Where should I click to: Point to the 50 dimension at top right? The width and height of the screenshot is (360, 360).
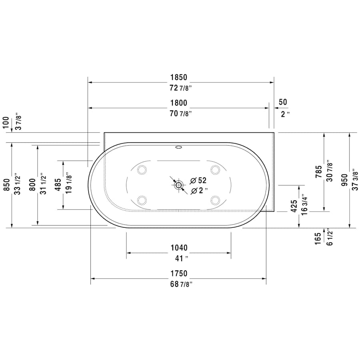(x=283, y=102)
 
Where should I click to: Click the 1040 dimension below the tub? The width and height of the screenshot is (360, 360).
(x=179, y=248)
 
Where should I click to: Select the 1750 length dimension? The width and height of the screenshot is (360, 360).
(x=179, y=274)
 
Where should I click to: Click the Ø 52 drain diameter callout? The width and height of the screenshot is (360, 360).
(x=198, y=180)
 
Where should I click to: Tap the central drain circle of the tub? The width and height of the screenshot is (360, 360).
(x=178, y=185)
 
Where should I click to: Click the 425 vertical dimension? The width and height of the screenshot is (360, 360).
(x=294, y=207)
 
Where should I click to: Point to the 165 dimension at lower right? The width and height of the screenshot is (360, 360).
(x=318, y=238)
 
